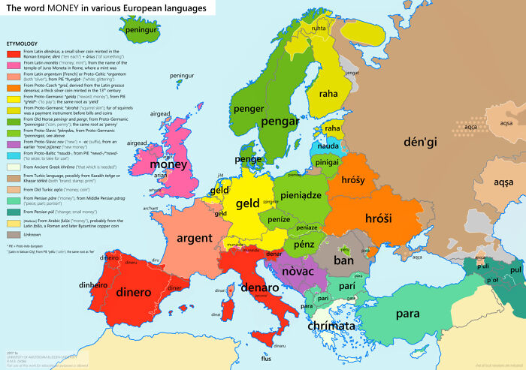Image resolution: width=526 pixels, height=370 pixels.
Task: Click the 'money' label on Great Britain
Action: click(168, 164)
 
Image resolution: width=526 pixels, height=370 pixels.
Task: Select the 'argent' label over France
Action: click(194, 239)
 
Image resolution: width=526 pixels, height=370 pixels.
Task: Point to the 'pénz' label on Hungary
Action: click(304, 244)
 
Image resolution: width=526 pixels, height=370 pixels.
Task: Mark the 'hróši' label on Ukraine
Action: click(379, 218)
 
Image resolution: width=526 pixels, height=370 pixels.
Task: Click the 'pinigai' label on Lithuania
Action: click(327, 161)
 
